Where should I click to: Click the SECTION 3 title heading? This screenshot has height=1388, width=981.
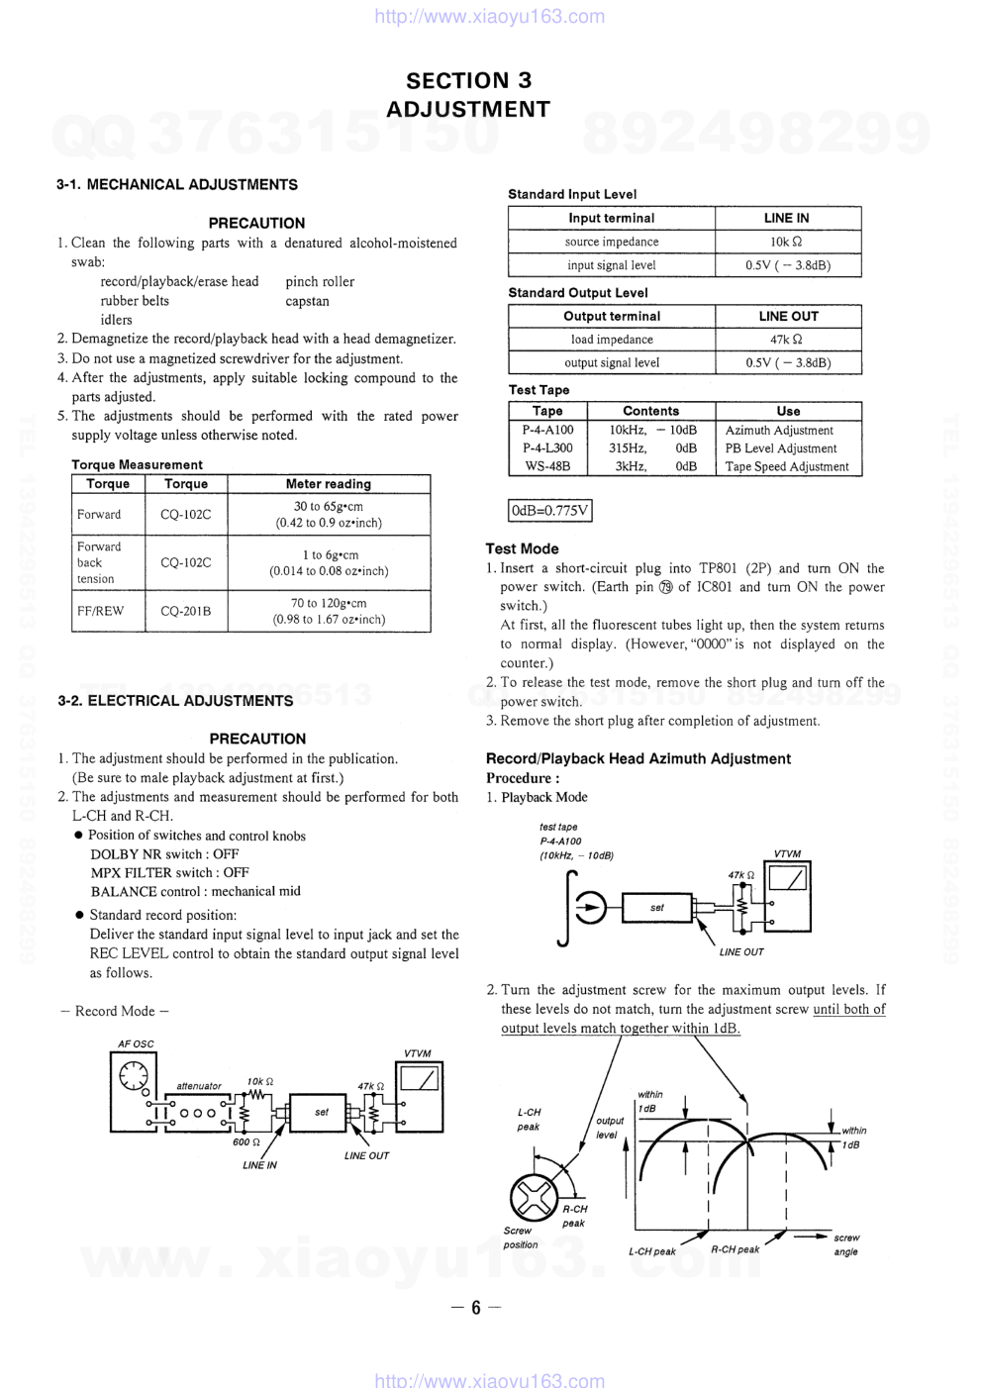pyautogui.click(x=468, y=80)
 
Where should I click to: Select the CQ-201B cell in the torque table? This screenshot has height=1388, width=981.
pyautogui.click(x=186, y=611)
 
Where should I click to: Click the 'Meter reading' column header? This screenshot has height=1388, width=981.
pyautogui.click(x=329, y=484)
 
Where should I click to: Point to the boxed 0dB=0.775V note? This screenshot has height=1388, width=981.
pyautogui.click(x=549, y=511)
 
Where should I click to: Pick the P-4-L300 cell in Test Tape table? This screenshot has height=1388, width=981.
pyautogui.click(x=547, y=448)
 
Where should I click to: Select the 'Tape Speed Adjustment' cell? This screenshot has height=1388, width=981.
pyautogui.click(x=787, y=466)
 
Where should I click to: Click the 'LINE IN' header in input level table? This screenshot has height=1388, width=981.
pyautogui.click(x=787, y=218)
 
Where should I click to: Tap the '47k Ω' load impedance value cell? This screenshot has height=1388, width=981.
pyautogui.click(x=787, y=340)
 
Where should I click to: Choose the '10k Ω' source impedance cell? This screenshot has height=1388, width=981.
pyautogui.click(x=787, y=242)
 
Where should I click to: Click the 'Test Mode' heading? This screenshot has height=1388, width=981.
pyautogui.click(x=522, y=548)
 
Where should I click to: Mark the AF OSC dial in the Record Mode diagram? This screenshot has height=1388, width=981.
pyautogui.click(x=133, y=1074)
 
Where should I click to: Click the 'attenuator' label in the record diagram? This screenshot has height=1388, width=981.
pyautogui.click(x=199, y=1086)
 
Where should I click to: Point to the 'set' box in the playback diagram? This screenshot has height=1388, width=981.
pyautogui.click(x=657, y=907)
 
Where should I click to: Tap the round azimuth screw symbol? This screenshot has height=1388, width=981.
pyautogui.click(x=533, y=1198)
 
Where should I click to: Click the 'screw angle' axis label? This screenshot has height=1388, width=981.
pyautogui.click(x=846, y=1244)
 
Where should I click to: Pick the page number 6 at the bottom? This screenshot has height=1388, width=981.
pyautogui.click(x=476, y=1308)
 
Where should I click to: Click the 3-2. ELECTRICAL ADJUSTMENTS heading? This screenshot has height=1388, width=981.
pyautogui.click(x=175, y=701)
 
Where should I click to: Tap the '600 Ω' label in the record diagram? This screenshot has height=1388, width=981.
pyautogui.click(x=246, y=1141)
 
